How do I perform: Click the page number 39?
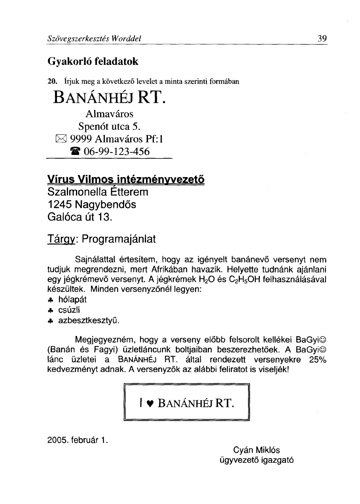point(322,39)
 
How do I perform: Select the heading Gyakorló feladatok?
point(93,62)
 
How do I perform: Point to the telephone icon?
point(74,151)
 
